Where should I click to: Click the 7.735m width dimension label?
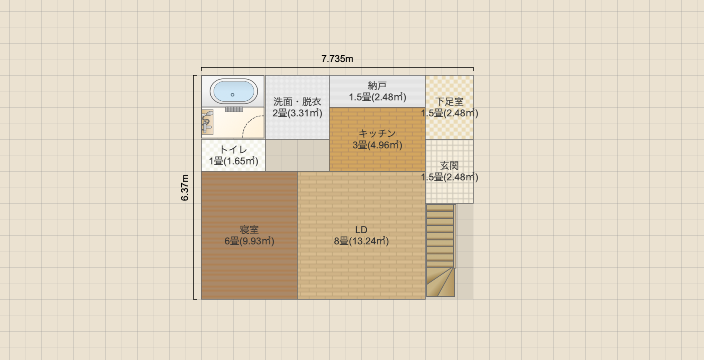point(337,59)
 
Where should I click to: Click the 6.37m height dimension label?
point(185,188)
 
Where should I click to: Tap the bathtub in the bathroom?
point(233,91)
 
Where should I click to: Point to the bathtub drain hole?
point(232,95)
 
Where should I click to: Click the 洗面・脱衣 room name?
point(297,102)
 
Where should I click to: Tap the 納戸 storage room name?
point(377,86)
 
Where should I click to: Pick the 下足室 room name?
point(449,102)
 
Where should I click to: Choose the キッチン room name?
point(377,134)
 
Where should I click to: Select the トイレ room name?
point(233,150)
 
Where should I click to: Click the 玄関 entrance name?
point(449,166)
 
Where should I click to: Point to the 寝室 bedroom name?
point(249,230)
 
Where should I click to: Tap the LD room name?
point(361,230)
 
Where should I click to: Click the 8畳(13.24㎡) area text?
point(361,241)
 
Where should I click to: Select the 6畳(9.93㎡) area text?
point(249,241)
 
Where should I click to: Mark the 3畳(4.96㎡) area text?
point(377,145)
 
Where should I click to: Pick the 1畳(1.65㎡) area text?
point(233,161)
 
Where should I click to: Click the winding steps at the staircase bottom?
point(440,282)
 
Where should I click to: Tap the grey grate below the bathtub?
point(234,109)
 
